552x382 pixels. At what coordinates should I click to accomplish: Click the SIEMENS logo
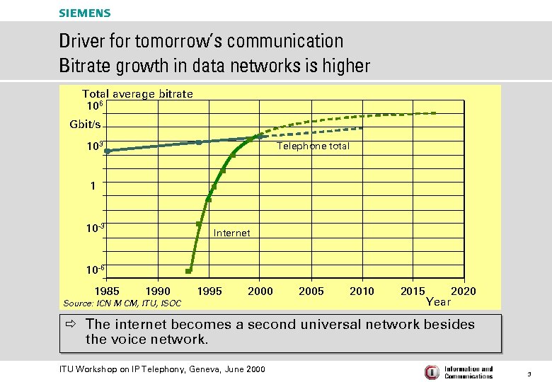click(85, 13)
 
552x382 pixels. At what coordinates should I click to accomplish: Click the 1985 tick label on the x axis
click(108, 291)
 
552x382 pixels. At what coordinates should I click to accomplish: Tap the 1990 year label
click(157, 291)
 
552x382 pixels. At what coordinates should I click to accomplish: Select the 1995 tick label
click(209, 291)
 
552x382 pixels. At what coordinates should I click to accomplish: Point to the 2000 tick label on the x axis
click(260, 291)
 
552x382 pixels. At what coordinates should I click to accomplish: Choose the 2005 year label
click(311, 291)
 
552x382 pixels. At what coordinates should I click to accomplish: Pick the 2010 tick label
click(362, 291)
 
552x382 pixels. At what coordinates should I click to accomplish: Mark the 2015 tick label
click(413, 291)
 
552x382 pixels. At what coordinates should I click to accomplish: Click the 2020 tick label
click(464, 291)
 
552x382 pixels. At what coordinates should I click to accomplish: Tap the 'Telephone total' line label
click(313, 146)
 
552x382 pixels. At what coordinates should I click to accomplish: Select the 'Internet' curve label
click(231, 233)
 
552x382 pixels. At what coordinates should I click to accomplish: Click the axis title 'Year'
click(438, 302)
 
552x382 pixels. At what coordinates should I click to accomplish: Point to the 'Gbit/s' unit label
click(85, 125)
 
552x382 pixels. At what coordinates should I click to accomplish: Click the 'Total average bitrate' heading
click(137, 93)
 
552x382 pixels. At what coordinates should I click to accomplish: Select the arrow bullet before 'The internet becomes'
click(72, 325)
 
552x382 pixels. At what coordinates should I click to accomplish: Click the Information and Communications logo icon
click(431, 372)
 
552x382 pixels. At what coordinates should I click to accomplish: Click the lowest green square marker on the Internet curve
click(188, 271)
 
